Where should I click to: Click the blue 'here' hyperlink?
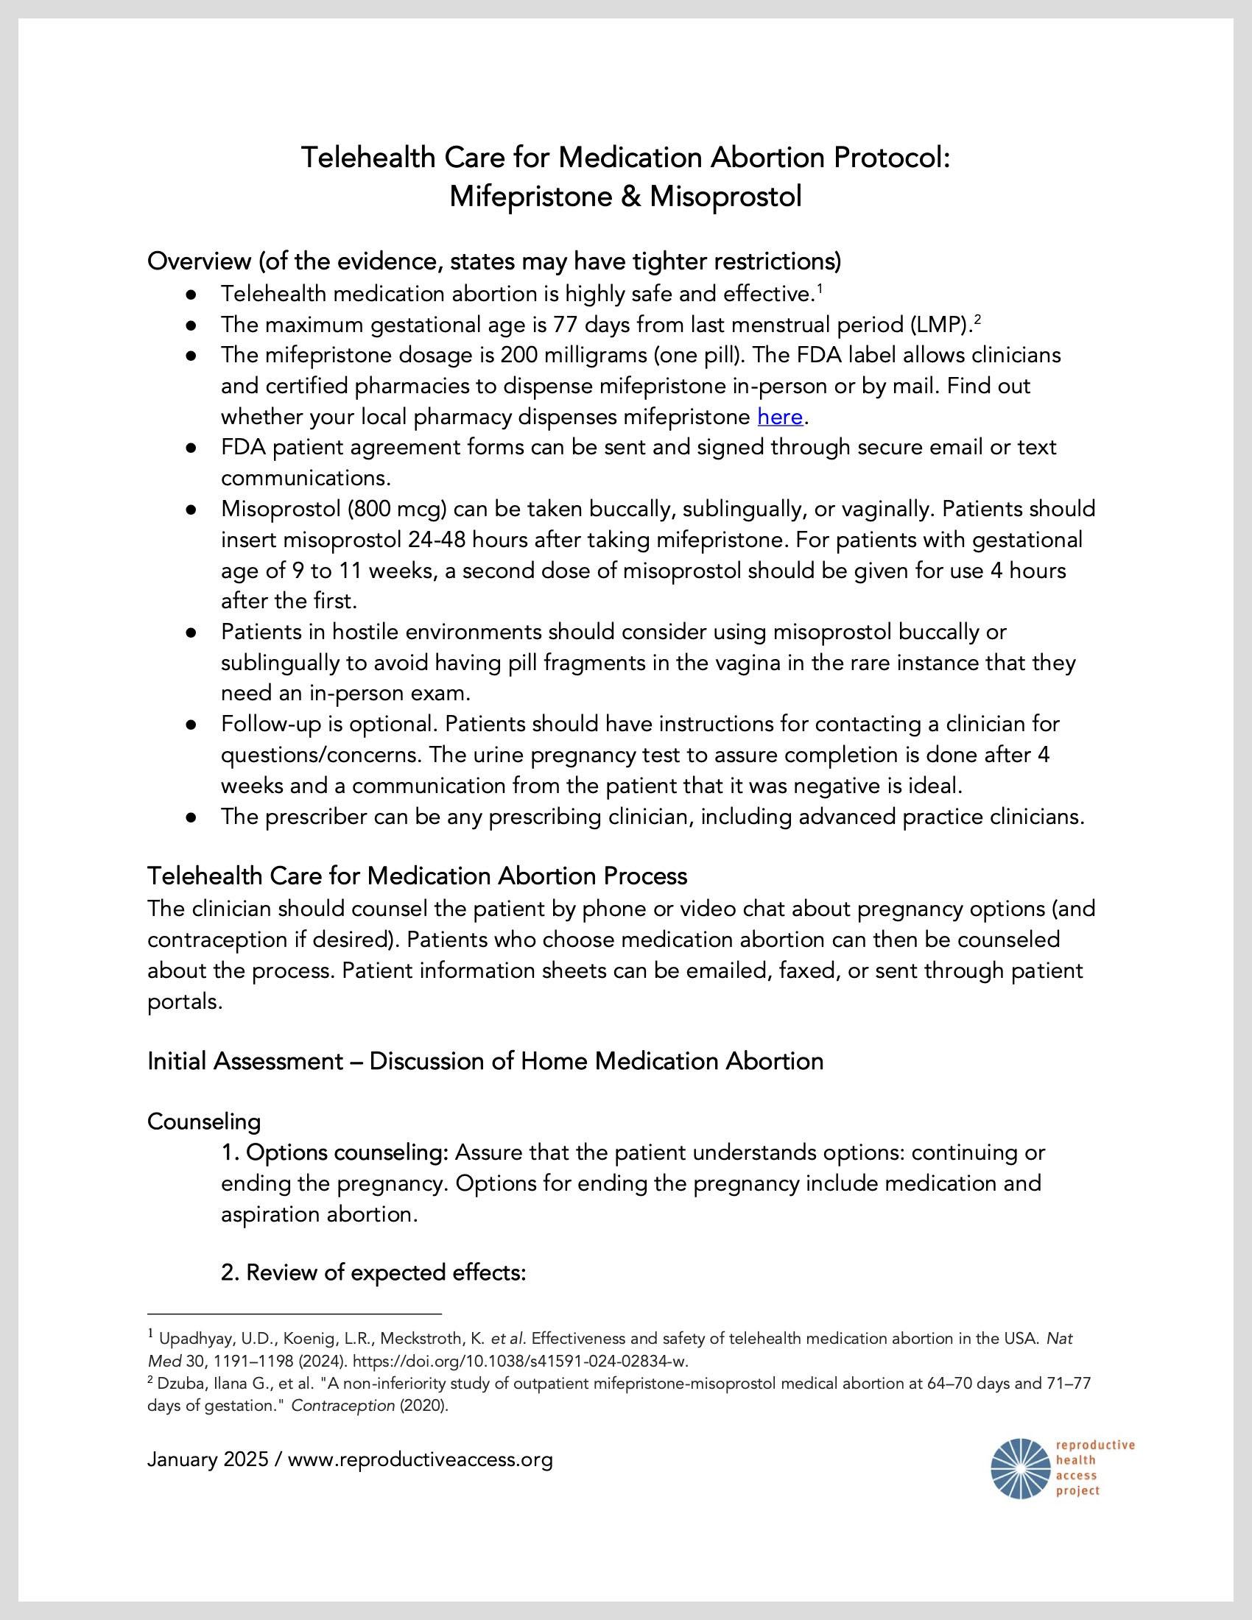coord(779,417)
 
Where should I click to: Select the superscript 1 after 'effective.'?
coord(820,288)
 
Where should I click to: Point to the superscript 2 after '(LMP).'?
coord(977,319)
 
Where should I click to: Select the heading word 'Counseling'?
coord(204,1121)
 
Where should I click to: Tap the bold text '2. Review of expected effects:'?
coord(373,1273)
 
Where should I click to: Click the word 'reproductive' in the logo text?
coord(1094,1445)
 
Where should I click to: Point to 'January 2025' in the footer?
coord(208,1459)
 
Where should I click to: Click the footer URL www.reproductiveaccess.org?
coord(420,1459)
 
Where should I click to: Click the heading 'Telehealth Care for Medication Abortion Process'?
coord(417,876)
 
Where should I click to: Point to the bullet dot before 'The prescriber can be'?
coord(191,817)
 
